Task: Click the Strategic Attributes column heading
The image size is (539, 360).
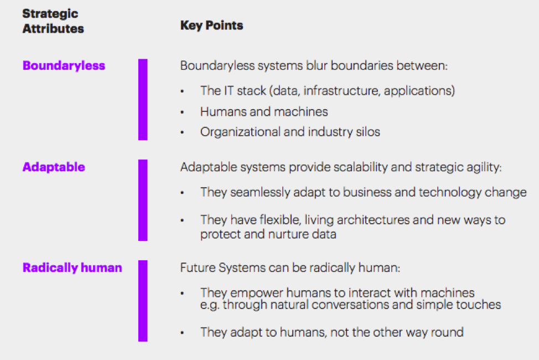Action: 53,21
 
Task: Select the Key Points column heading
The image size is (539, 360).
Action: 212,25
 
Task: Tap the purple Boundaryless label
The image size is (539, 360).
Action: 64,65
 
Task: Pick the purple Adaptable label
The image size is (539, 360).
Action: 54,167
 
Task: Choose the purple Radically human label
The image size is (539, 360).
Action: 72,268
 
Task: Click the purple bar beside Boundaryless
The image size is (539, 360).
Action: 143,100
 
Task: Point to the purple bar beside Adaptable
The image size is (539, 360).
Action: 143,200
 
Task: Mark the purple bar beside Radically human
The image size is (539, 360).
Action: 143,301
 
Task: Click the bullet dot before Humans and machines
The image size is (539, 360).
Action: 182,112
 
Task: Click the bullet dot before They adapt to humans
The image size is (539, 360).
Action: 182,333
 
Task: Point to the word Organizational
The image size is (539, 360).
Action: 241,132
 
